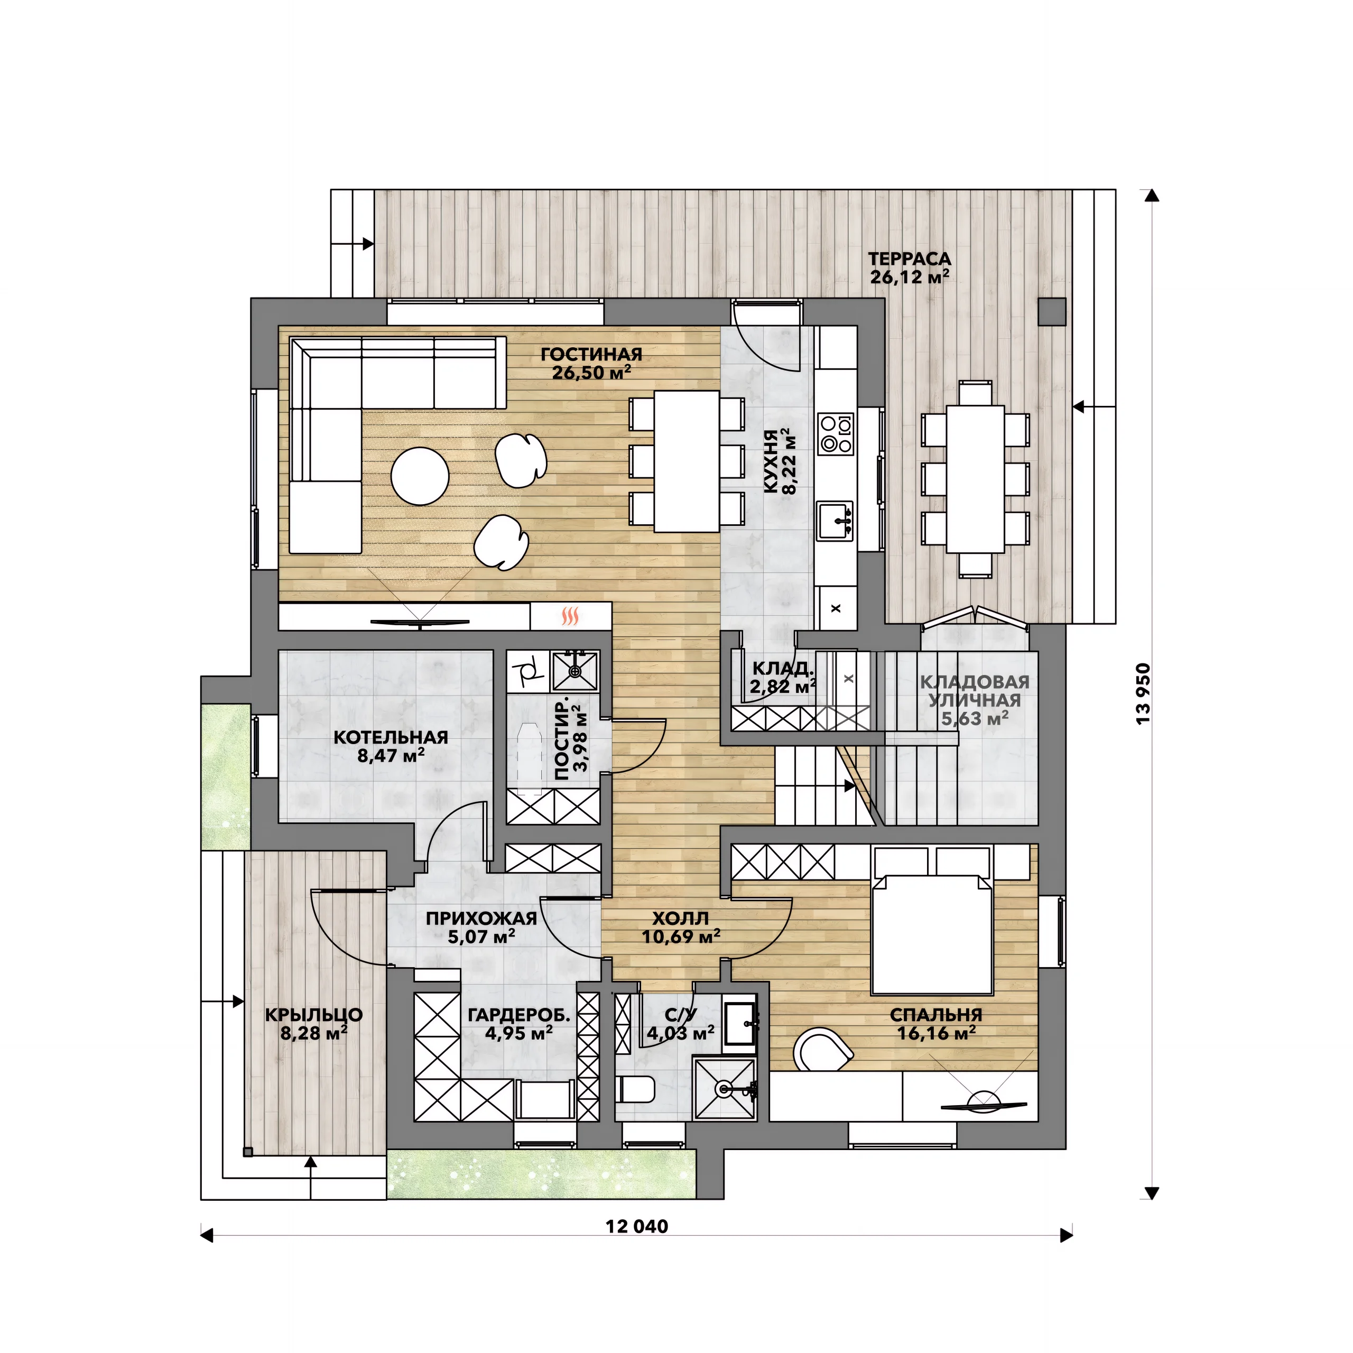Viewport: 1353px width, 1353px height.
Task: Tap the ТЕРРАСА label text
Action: tap(910, 259)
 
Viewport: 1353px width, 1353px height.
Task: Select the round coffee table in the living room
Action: tap(420, 476)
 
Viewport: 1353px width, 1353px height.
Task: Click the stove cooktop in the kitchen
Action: tap(836, 434)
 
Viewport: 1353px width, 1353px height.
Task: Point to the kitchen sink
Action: tap(836, 521)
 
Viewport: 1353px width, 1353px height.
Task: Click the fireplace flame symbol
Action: tap(570, 616)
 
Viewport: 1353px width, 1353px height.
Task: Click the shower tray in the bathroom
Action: tap(725, 1089)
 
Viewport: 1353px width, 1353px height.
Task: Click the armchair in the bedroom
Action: tap(823, 1049)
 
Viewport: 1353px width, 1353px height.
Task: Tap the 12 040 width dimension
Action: tap(636, 1226)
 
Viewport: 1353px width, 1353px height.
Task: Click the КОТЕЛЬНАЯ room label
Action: tap(391, 737)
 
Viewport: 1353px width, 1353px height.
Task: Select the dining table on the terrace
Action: tap(976, 479)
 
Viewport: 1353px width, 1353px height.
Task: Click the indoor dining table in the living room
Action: tap(687, 461)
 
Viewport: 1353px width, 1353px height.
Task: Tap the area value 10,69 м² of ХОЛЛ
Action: tap(681, 937)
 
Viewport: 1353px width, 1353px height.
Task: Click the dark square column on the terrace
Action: tap(1052, 312)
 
